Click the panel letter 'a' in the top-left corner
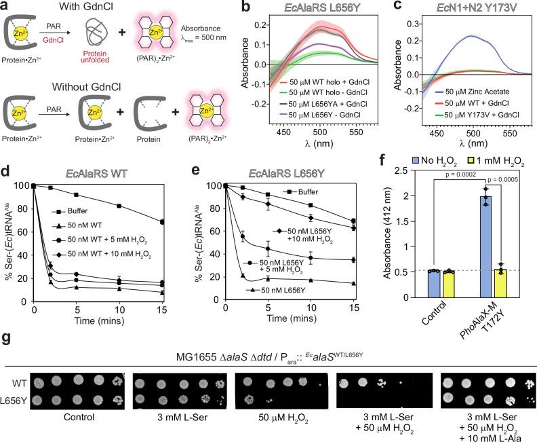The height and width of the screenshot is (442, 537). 5,6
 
